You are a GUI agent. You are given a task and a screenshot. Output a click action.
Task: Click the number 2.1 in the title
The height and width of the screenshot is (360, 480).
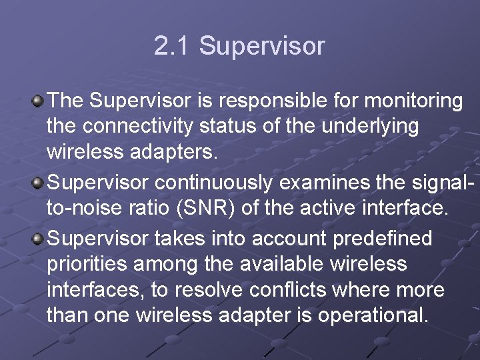[172, 47]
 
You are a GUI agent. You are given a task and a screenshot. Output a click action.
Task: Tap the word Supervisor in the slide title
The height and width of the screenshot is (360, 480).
[262, 47]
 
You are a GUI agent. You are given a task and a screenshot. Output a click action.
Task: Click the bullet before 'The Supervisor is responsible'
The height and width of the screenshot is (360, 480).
[39, 101]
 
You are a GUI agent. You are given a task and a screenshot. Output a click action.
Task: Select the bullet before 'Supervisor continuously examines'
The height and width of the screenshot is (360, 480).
[39, 182]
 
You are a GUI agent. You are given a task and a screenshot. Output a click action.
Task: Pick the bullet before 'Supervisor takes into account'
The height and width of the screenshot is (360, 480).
[39, 238]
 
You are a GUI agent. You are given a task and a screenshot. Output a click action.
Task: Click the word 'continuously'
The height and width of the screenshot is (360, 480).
[220, 182]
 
